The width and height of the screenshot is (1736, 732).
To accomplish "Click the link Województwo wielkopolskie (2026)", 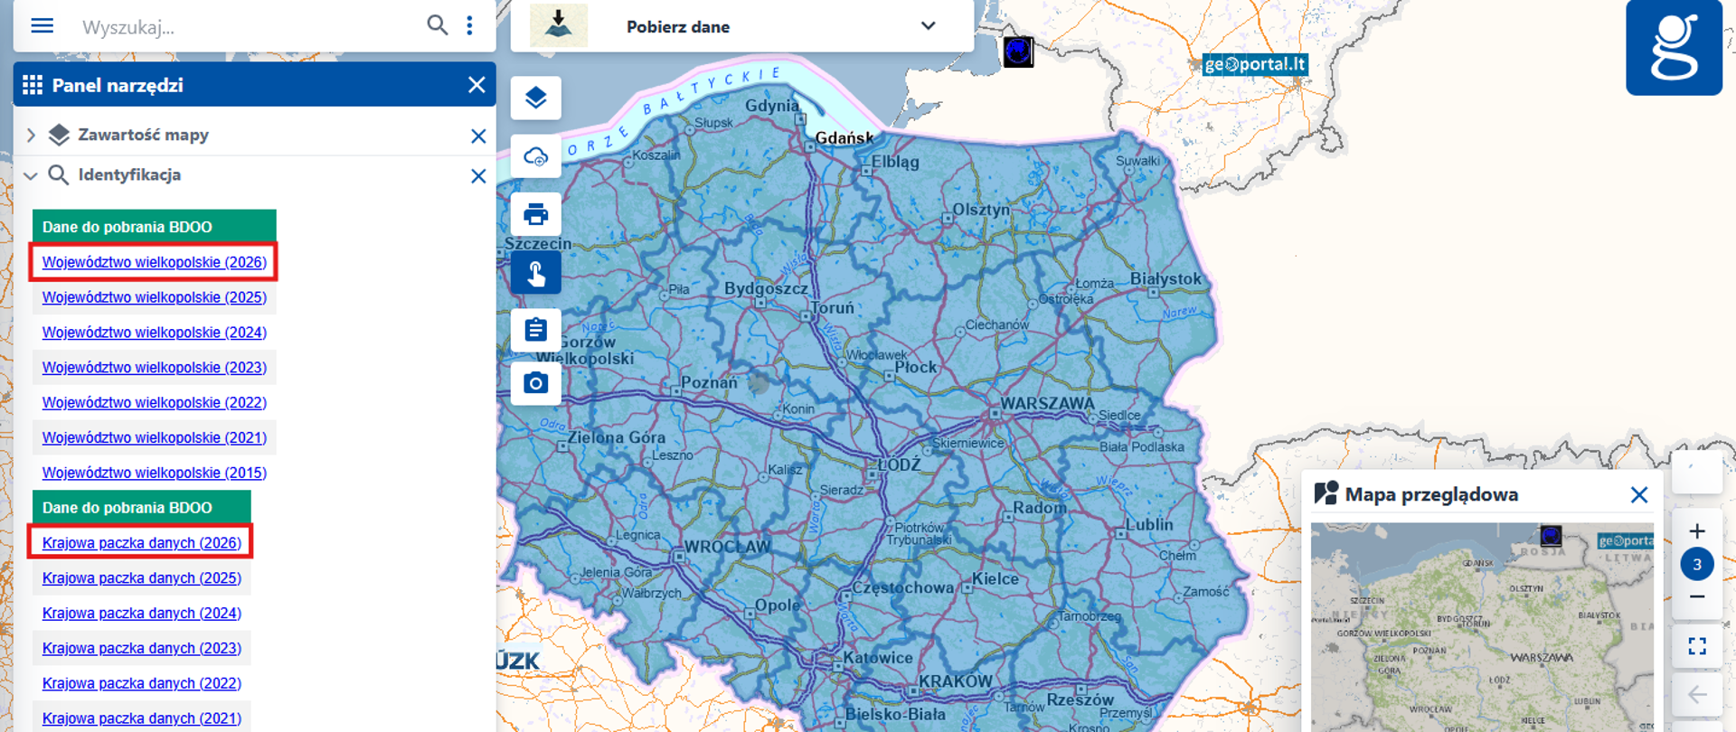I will (154, 262).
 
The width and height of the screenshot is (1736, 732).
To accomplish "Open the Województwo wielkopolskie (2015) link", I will (154, 473).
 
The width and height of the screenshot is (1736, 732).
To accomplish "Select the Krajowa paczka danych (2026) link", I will (141, 543).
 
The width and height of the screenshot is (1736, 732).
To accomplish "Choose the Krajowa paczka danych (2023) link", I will (141, 648).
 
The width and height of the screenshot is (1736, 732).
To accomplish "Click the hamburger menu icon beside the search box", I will (42, 25).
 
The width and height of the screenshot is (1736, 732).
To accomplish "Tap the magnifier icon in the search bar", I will (437, 25).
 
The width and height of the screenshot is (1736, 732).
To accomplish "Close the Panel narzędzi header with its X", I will (476, 85).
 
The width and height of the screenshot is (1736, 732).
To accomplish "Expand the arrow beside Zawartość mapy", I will (31, 136).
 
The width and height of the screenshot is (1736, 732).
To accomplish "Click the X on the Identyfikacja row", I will (478, 176).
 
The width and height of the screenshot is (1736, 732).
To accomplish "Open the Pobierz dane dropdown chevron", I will (928, 25).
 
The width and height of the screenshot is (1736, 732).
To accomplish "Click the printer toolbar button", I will (536, 214).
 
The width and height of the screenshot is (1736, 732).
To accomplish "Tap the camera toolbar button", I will (536, 383).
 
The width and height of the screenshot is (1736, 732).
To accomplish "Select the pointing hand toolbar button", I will (536, 273).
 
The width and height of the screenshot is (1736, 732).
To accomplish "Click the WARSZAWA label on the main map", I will (1046, 403).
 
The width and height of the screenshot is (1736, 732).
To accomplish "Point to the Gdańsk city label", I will (844, 137).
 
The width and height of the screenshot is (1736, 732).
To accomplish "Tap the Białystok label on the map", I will (1165, 278).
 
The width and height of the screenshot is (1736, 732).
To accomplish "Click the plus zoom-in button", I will (1696, 531).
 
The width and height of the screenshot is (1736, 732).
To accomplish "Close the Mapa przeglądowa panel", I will (1638, 494).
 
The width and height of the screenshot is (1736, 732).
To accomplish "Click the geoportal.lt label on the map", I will (1254, 64).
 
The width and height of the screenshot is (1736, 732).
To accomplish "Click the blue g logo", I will (1674, 48).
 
